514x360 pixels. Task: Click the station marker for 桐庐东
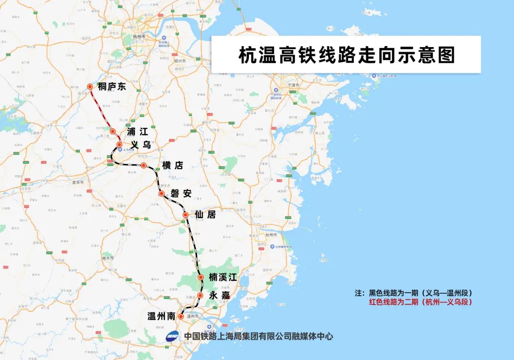(x=90, y=87)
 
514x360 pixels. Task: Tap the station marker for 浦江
(x=113, y=131)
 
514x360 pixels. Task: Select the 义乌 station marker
(x=119, y=144)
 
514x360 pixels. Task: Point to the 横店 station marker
(x=143, y=165)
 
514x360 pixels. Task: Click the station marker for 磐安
(x=161, y=193)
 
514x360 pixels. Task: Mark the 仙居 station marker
(x=186, y=215)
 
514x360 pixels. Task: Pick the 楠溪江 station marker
(x=201, y=277)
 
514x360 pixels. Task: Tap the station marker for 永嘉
(x=200, y=295)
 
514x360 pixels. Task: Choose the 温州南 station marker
(x=181, y=316)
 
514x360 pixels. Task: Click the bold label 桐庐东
(x=112, y=87)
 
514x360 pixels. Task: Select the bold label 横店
(x=172, y=165)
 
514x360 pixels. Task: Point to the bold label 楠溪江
(x=223, y=277)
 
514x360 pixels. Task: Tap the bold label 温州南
(x=162, y=316)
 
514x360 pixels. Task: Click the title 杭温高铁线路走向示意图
(x=346, y=55)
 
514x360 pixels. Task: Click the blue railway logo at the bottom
(x=173, y=336)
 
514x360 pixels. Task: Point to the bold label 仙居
(x=205, y=215)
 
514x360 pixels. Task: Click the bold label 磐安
(x=181, y=193)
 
